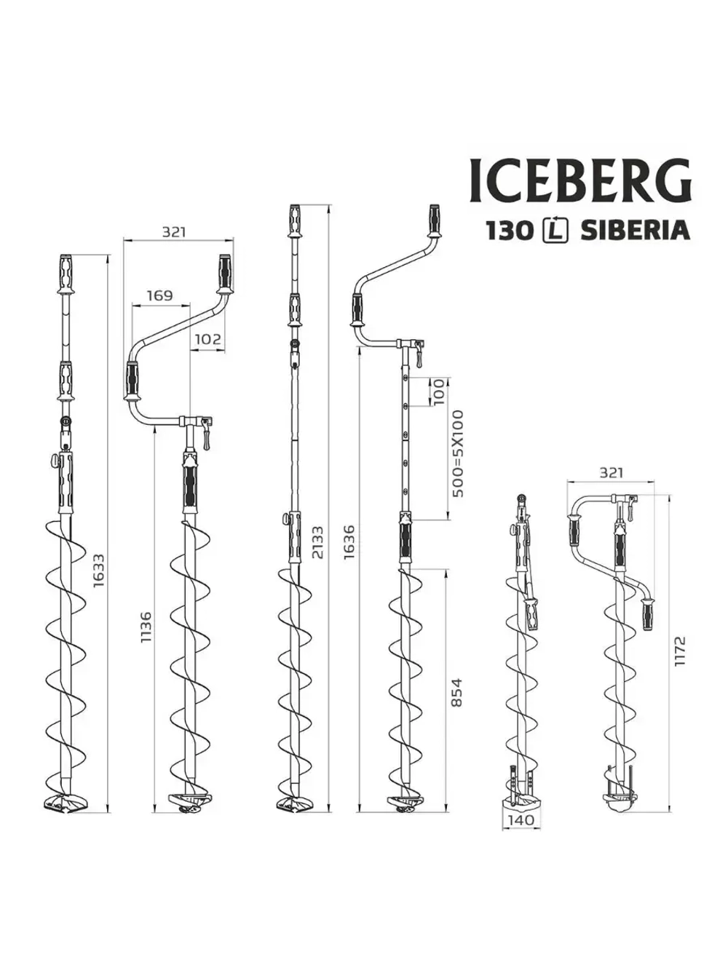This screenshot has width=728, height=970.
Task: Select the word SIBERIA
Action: click(x=635, y=231)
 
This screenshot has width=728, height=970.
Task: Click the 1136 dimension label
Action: click(x=146, y=627)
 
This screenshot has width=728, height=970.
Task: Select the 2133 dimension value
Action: click(x=317, y=543)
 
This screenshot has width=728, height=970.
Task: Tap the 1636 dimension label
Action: click(x=349, y=541)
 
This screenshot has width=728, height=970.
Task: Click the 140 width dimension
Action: click(x=520, y=819)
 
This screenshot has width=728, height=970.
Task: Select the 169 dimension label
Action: click(x=159, y=295)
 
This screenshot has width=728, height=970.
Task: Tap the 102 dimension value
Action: click(x=208, y=339)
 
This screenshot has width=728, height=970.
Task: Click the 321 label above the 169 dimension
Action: click(x=174, y=231)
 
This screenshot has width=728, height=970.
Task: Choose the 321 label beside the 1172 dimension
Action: click(x=611, y=472)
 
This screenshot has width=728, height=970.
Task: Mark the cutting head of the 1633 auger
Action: click(x=66, y=803)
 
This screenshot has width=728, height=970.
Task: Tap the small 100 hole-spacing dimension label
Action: click(x=438, y=393)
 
